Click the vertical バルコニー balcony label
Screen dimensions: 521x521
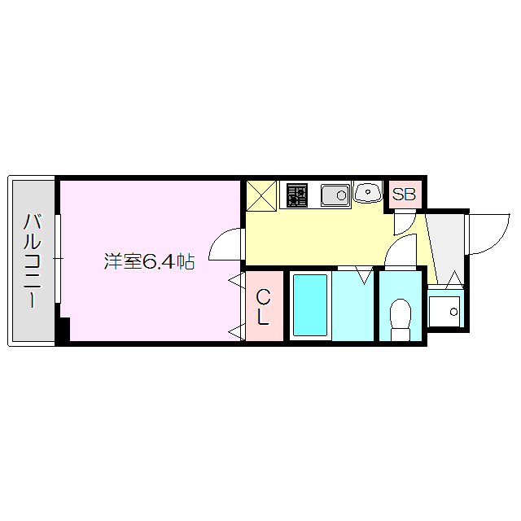coord(33,259)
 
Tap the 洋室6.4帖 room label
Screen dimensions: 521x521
coord(149,262)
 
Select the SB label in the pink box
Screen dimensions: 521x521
coord(404,195)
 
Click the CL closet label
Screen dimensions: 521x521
coord(263,308)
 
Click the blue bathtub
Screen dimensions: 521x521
coord(309,305)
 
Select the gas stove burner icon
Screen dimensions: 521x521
coord(297,195)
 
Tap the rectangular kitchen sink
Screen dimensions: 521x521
coord(335,195)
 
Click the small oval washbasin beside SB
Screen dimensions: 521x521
coord(368,193)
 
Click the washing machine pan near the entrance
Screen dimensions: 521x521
coord(445,309)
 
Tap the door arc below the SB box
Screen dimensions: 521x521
coord(405,221)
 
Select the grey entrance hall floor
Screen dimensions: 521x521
coord(446,244)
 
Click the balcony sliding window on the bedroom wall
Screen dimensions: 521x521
coord(58,259)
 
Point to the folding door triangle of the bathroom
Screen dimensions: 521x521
coord(364,274)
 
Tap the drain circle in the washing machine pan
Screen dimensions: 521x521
coord(454,311)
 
